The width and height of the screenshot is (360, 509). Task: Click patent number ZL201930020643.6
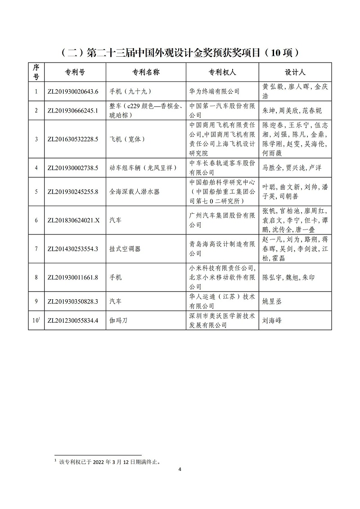(x=72, y=91)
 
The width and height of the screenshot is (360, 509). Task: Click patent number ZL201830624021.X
(x=73, y=221)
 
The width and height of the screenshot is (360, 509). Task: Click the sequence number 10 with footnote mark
(x=36, y=320)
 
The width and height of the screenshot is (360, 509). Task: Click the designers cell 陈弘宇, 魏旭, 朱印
(x=288, y=277)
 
